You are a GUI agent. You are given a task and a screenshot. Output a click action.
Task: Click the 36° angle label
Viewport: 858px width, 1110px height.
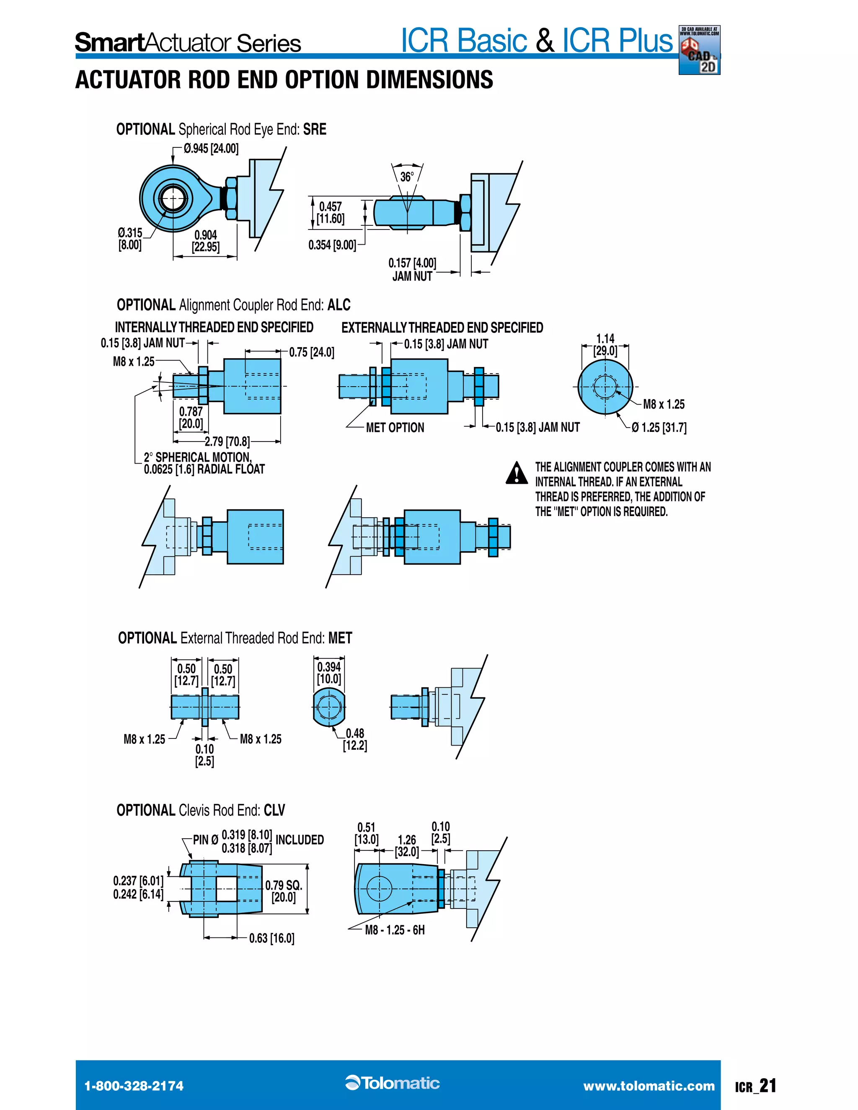click(407, 177)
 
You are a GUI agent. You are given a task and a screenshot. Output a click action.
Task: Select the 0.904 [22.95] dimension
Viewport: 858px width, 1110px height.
click(206, 241)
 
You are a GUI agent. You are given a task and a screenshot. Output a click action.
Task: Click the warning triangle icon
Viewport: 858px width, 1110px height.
click(517, 472)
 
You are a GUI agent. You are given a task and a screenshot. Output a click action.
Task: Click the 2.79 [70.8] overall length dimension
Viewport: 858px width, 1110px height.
click(227, 441)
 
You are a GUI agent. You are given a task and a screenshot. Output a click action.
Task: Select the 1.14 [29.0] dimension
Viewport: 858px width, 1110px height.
click(605, 345)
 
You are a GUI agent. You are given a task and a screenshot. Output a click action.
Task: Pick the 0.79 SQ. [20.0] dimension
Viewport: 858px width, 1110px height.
click(284, 891)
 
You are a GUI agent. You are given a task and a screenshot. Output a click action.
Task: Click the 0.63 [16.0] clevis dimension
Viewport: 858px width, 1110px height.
click(271, 938)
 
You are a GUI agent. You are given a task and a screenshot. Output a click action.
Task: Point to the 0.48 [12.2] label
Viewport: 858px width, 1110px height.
click(355, 739)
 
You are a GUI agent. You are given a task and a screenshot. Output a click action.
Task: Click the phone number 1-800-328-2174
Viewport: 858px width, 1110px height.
click(134, 1086)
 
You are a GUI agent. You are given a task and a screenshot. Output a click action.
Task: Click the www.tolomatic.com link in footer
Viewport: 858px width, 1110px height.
click(649, 1086)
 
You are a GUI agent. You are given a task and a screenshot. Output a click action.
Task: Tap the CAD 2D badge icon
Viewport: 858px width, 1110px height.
click(699, 50)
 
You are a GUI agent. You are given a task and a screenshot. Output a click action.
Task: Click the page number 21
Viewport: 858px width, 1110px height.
click(768, 1086)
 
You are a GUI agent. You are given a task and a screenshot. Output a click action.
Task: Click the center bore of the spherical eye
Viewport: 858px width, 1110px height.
click(173, 198)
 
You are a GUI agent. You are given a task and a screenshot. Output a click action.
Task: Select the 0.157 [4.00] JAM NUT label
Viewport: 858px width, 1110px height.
click(412, 269)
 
